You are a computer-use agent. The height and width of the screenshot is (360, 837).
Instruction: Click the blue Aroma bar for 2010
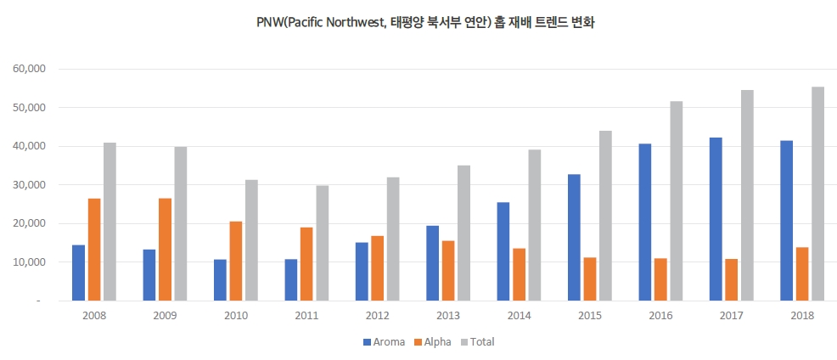220,280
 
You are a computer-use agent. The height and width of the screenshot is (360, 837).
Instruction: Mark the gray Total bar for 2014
535,225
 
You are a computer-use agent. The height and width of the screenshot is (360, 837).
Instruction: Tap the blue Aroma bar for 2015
574,237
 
